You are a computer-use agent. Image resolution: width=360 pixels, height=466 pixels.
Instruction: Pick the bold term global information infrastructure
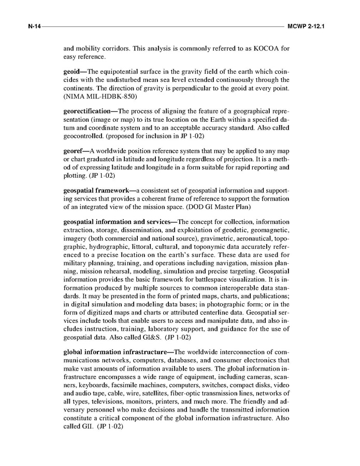pos(118,352)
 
